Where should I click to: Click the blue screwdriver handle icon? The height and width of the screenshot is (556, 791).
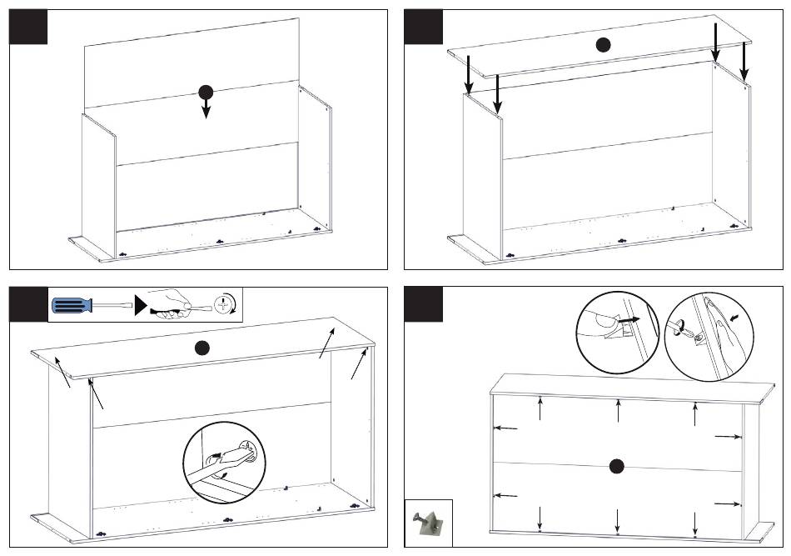[71, 305]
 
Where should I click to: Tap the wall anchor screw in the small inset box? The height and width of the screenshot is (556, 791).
[427, 523]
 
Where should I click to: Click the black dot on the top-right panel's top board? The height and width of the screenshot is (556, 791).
[603, 46]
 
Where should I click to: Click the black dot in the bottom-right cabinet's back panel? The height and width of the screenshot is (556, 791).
[616, 467]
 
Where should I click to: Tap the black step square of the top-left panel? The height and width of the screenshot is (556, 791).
[28, 27]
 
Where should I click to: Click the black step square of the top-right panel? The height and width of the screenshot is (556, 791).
[423, 27]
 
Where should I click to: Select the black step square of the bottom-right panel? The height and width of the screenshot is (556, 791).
[423, 304]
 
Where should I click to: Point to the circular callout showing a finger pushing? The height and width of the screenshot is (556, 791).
[618, 333]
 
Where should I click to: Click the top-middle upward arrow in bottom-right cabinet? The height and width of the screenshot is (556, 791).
[618, 411]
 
